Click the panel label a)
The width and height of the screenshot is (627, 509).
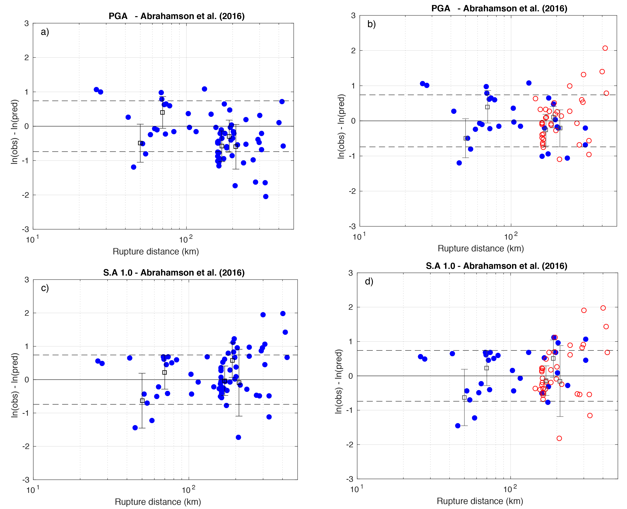tap(45, 32)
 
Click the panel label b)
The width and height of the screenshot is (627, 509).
tap(371, 24)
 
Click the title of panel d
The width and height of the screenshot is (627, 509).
tap(496, 266)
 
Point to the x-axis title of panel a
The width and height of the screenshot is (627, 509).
tap(156, 252)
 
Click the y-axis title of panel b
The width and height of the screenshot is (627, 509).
tap(341, 127)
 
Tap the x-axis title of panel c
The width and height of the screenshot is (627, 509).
tap(158, 502)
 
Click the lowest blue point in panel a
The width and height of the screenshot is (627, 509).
tap(266, 197)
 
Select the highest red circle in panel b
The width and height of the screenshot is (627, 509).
tap(605, 48)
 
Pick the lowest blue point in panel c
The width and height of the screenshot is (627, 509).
tap(238, 437)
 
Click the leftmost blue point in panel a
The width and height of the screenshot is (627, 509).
tap(96, 89)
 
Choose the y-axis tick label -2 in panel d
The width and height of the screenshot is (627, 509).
tap(350, 445)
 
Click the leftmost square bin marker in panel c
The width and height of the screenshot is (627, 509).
tap(142, 401)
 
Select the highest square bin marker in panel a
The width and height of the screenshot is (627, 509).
tap(162, 112)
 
